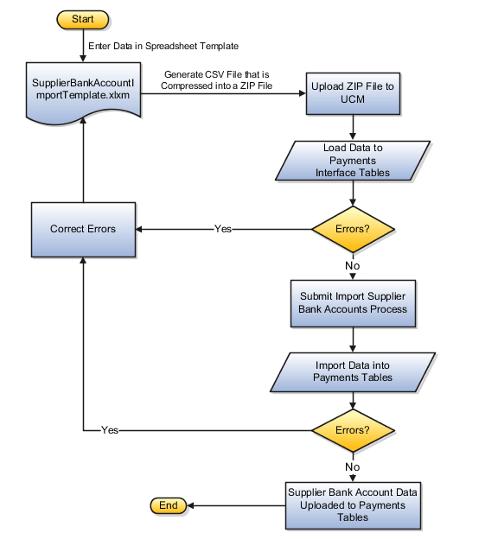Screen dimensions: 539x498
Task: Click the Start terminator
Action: [x=83, y=18]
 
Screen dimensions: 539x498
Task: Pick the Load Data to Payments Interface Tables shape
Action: [x=353, y=160]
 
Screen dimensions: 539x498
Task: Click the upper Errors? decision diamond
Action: [x=353, y=230]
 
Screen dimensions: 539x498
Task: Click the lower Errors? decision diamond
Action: [x=353, y=429]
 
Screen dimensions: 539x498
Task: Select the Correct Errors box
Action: [x=83, y=229]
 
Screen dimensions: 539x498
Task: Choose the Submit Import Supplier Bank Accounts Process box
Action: [x=353, y=301]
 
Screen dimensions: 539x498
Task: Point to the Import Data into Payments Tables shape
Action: [x=353, y=371]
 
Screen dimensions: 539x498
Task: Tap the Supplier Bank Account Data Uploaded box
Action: [x=353, y=504]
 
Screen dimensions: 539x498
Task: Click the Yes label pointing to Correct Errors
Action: [x=223, y=230]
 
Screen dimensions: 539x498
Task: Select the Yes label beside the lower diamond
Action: [x=110, y=429]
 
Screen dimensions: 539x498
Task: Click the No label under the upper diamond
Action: [x=353, y=266]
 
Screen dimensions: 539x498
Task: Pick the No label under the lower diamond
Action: [x=353, y=466]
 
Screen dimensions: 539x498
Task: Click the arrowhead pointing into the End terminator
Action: [x=191, y=505]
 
